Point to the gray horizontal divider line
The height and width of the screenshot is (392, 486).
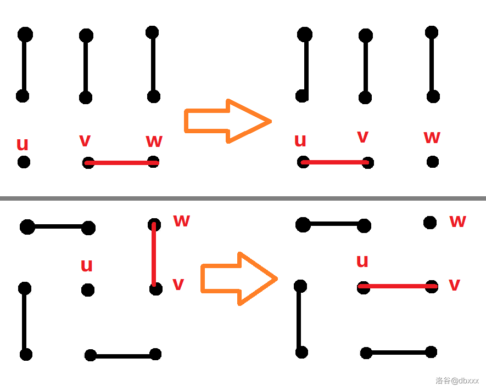click(243, 198)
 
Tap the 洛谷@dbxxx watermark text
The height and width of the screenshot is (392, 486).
click(457, 380)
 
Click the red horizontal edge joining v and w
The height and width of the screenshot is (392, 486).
click(121, 163)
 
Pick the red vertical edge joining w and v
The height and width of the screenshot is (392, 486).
click(154, 255)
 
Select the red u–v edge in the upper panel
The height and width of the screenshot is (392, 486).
click(335, 162)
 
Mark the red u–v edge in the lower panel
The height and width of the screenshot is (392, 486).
click(397, 286)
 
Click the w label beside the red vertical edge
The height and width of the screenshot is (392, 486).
click(181, 220)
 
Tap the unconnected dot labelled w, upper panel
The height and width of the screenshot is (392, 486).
click(433, 162)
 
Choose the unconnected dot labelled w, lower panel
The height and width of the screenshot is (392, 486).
click(430, 223)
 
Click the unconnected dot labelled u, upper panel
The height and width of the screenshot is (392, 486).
click(24, 162)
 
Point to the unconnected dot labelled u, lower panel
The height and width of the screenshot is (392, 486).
click(88, 290)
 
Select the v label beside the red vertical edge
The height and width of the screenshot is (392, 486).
click(178, 284)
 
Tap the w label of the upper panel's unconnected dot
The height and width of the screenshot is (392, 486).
click(432, 137)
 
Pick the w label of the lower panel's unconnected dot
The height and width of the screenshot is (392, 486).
click(457, 221)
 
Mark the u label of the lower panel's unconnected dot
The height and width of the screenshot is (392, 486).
click(86, 266)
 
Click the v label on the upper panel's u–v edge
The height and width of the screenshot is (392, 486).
click(362, 136)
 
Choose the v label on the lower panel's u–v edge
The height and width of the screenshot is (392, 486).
click(454, 285)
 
